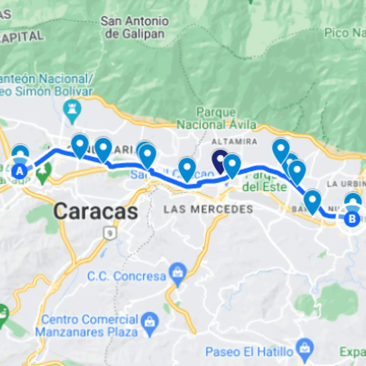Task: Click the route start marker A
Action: (20, 171)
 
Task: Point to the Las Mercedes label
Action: (208, 209)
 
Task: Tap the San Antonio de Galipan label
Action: (135, 27)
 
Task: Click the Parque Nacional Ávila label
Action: (216, 118)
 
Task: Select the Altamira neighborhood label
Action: (234, 141)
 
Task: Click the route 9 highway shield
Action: (108, 233)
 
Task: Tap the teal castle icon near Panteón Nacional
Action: (72, 109)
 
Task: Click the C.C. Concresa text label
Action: (126, 276)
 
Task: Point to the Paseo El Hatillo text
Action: (249, 352)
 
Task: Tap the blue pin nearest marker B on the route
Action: (312, 201)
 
